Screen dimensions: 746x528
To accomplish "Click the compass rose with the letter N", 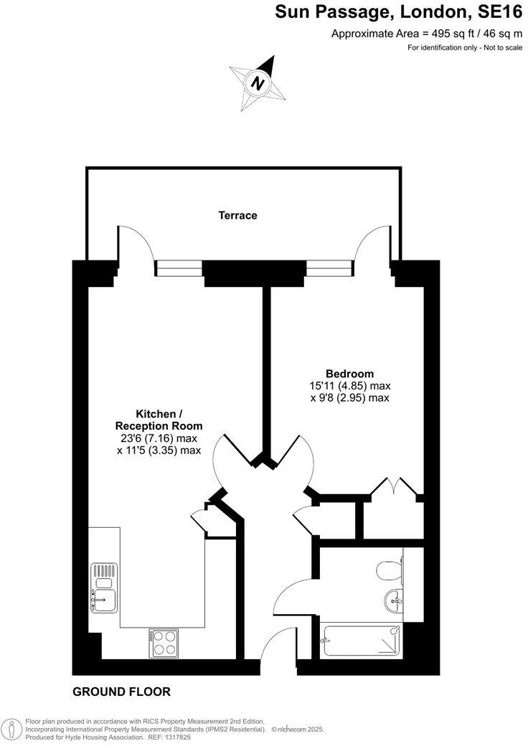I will tap(258, 82).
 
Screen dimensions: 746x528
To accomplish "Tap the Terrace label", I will tap(237, 215).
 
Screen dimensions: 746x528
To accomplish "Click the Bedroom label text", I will tap(349, 374).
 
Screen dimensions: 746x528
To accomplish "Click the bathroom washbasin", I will tap(394, 601).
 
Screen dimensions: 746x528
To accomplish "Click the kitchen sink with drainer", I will tap(103, 587).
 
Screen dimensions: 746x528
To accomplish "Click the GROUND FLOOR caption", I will tap(121, 692).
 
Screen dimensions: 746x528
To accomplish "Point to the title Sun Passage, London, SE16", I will tap(399, 12).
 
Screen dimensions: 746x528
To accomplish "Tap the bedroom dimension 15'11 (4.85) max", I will tap(349, 386).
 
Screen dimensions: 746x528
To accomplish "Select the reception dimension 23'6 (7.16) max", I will tap(159, 438).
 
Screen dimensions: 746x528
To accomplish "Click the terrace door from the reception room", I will tap(135, 244).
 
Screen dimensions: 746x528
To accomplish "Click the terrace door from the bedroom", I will tap(375, 244).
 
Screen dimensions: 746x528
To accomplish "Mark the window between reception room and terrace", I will tap(179, 268).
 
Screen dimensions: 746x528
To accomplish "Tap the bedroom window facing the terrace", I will tap(330, 268).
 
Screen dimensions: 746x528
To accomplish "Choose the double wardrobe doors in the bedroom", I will tap(395, 486).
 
